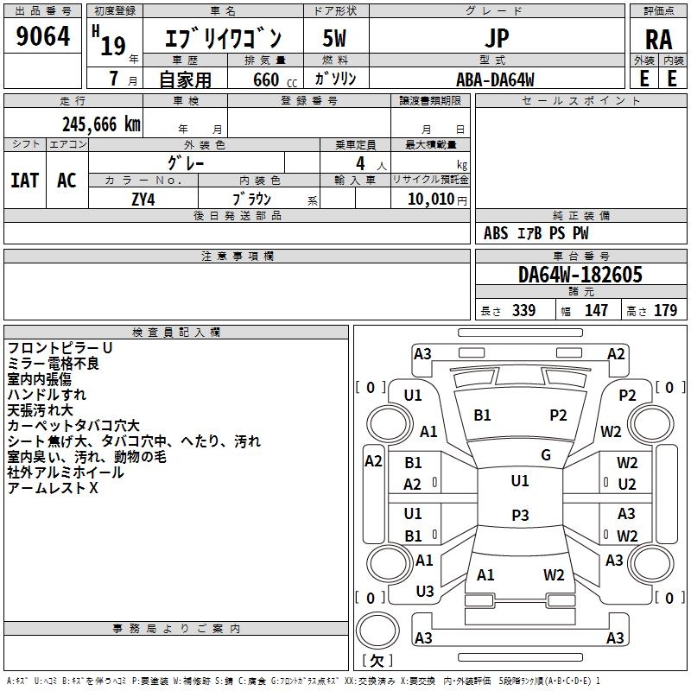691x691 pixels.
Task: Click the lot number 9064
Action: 42,36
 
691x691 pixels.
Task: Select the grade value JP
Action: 497,38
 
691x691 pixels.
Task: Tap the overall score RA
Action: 658,40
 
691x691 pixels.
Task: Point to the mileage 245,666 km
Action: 101,124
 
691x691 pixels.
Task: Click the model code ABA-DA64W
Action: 495,79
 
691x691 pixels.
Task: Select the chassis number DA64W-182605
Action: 580,275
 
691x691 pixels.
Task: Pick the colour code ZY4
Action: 143,200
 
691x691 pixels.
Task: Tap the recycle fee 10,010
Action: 430,200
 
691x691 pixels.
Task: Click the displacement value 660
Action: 266,79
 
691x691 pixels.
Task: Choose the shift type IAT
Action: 25,181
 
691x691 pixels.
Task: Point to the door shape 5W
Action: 334,38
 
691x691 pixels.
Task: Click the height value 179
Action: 665,310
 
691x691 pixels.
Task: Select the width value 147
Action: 596,310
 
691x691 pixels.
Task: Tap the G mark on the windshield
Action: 546,455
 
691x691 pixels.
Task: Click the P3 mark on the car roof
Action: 520,515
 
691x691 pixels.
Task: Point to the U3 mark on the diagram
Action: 425,592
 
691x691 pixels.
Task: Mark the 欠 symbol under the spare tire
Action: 377,660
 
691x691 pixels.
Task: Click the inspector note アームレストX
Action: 53,488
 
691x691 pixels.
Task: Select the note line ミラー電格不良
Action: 53,364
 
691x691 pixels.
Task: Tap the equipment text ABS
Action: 496,233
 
